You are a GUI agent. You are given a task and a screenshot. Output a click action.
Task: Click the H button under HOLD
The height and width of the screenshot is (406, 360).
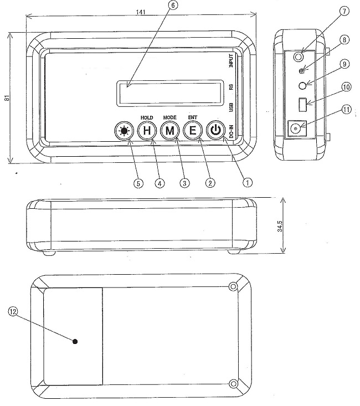click(146, 131)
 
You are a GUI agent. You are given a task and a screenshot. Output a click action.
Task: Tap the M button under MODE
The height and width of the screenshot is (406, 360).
click(169, 131)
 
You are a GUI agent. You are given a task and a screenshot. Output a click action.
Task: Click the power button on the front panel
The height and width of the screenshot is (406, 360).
click(215, 131)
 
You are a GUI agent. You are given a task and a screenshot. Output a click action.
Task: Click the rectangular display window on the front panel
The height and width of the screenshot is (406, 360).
click(172, 92)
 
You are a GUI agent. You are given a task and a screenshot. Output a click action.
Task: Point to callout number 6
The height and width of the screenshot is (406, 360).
click(173, 6)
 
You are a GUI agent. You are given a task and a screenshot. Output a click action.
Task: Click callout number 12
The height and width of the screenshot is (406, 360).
click(12, 312)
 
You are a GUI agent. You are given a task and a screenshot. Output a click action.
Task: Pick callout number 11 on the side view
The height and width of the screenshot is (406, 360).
click(347, 110)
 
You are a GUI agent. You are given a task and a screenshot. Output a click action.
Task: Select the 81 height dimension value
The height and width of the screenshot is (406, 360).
click(6, 98)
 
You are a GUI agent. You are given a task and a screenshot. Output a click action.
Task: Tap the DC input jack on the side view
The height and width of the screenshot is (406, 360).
click(296, 129)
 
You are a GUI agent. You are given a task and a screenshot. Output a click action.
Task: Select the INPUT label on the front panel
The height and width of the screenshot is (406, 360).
click(232, 60)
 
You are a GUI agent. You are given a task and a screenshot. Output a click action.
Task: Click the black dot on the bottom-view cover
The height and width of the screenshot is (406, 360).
click(75, 341)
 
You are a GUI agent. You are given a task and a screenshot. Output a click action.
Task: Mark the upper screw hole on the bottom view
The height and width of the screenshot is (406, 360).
click(234, 286)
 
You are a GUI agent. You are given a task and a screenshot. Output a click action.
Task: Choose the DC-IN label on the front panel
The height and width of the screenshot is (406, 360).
click(232, 133)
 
